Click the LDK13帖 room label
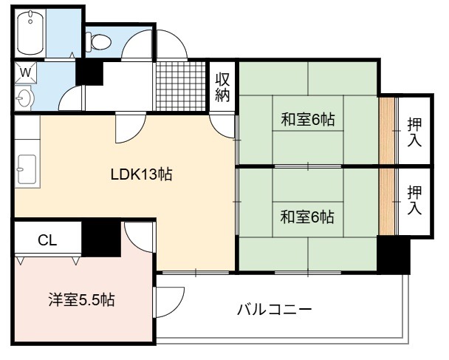(141, 174)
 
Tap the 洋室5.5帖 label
(82, 300)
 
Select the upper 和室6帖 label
(308, 119)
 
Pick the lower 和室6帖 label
(307, 217)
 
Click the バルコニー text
(274, 310)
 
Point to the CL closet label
(47, 240)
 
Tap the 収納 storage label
(222, 87)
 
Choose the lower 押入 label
(414, 200)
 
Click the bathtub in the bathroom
(30, 33)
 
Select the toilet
(98, 42)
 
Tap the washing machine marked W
(26, 72)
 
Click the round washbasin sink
(24, 98)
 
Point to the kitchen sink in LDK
(27, 169)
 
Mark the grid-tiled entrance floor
(181, 86)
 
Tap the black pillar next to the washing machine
(89, 73)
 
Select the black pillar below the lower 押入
(393, 254)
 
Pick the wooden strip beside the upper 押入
(387, 131)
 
